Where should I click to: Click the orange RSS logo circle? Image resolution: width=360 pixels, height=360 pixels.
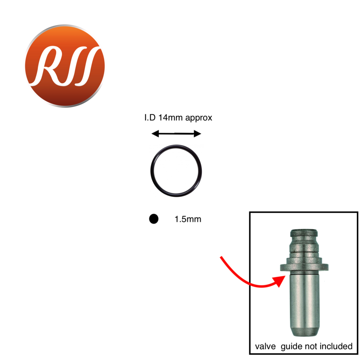tap(65, 66)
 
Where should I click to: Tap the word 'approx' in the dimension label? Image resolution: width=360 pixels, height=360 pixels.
tap(199, 118)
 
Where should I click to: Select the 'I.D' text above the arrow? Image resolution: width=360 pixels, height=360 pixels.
tap(150, 117)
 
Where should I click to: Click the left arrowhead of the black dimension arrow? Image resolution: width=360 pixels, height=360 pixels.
tap(155, 133)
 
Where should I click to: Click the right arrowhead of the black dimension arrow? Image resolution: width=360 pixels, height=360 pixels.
tap(198, 133)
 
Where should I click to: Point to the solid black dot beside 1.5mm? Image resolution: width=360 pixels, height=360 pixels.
tap(154, 219)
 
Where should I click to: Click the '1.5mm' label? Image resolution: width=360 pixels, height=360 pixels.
tap(188, 219)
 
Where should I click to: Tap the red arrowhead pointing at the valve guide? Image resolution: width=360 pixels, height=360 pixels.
tap(279, 281)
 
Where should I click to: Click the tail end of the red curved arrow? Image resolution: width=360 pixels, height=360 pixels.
tap(221, 257)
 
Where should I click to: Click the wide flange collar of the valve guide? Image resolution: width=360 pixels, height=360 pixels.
tap(304, 267)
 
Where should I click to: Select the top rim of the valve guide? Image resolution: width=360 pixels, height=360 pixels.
tap(304, 232)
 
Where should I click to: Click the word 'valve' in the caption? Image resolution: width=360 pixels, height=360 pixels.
tap(265, 346)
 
